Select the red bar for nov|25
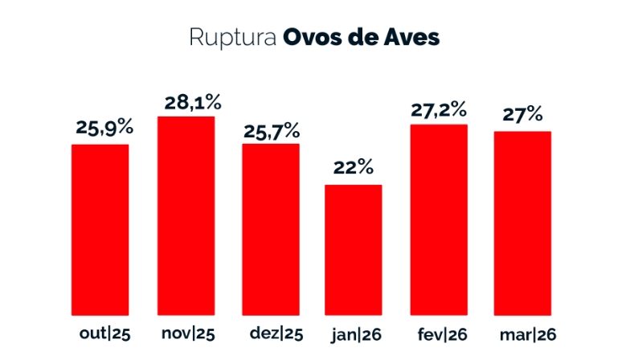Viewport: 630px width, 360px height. (186, 215)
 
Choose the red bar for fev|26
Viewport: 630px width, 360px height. (439, 219)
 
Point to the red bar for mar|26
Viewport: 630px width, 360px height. (522, 223)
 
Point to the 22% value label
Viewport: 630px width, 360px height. (354, 168)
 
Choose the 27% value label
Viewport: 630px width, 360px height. (522, 115)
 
